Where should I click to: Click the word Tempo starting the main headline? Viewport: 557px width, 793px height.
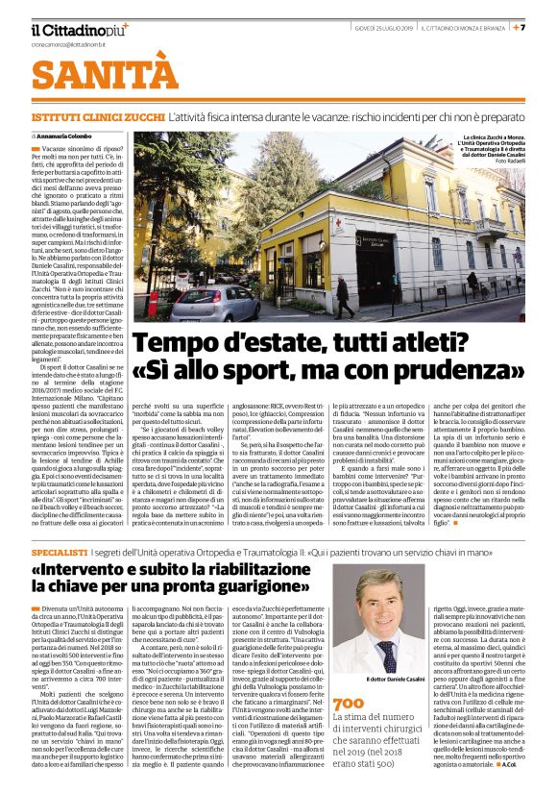(175, 343)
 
